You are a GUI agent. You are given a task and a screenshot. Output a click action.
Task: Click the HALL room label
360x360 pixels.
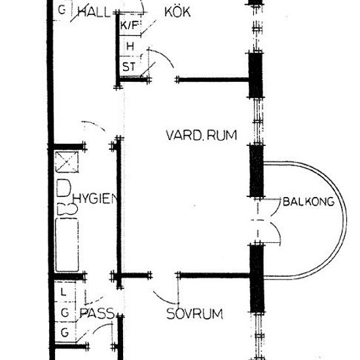click(94, 12)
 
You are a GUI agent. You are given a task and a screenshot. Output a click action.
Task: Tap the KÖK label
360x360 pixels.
click(177, 12)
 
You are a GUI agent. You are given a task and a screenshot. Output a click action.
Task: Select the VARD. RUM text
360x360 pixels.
click(202, 135)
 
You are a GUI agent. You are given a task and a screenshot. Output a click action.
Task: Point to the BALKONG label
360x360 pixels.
click(308, 202)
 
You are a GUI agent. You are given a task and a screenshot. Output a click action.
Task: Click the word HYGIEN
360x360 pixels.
click(95, 199)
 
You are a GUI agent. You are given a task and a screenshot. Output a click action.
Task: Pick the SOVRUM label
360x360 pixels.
click(194, 314)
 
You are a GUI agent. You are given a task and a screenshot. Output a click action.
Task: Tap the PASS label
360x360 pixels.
click(97, 313)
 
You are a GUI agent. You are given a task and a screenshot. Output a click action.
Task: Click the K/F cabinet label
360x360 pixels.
click(130, 25)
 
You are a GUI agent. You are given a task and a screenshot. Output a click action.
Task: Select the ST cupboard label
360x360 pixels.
click(129, 67)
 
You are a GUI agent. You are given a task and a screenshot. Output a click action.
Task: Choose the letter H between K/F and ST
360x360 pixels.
click(130, 46)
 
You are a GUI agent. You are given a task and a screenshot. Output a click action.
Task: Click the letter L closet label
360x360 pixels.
click(63, 293)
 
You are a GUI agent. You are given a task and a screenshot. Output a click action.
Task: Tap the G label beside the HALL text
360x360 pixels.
click(62, 10)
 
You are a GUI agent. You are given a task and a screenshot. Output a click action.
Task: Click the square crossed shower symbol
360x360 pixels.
click(67, 162)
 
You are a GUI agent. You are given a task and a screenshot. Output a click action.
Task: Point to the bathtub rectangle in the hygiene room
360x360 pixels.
click(67, 245)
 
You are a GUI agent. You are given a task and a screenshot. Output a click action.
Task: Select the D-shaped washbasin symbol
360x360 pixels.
click(63, 189)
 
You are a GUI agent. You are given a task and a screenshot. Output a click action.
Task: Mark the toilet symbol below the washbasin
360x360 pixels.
click(67, 209)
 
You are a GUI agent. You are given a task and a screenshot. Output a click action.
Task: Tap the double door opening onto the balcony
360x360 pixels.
click(268, 221)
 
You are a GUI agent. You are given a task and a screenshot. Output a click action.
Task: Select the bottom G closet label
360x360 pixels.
click(65, 333)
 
